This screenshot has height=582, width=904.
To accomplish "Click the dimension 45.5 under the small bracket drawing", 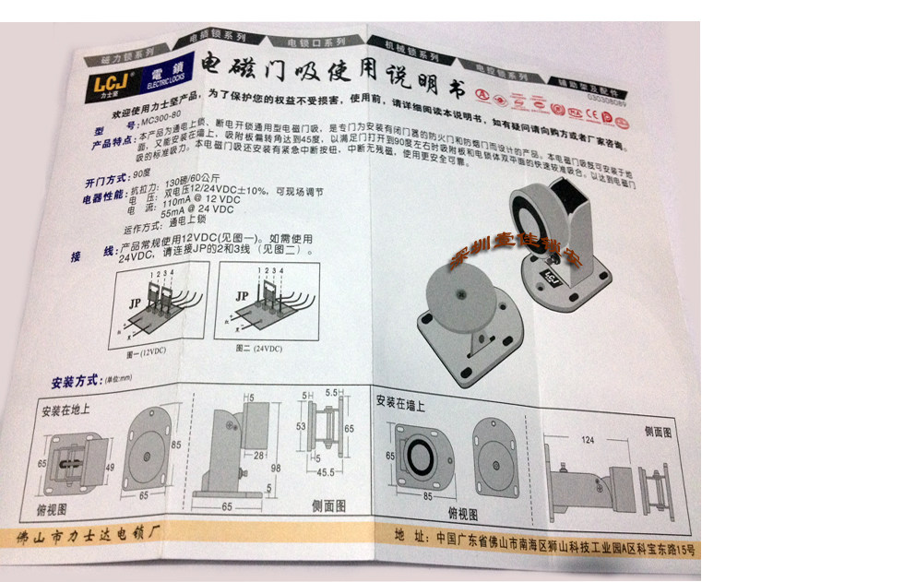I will [324, 473].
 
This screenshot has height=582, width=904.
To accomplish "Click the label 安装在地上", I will [65, 410].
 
